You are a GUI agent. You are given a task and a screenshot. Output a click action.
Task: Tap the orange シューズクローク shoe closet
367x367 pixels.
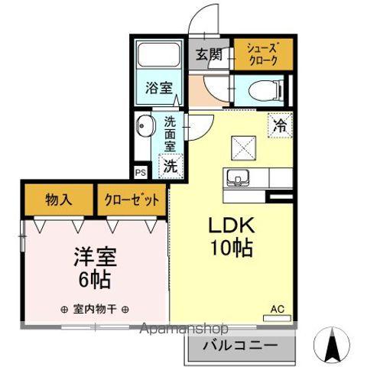[262, 54]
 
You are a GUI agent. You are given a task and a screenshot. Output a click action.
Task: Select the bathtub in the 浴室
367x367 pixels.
[158, 58]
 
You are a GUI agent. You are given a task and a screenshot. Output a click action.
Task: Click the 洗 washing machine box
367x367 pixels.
[171, 164]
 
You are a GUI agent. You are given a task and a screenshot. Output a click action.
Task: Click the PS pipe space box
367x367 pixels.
[140, 172]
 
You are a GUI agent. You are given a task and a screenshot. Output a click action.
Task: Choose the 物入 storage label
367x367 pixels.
[59, 201]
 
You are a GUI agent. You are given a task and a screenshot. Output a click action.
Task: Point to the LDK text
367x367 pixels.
[226, 226]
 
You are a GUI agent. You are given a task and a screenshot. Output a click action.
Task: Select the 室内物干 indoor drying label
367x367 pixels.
[94, 310]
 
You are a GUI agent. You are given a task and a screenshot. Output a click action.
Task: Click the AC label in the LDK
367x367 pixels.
[278, 310]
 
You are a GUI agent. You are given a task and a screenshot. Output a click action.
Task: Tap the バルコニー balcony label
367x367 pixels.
[240, 346]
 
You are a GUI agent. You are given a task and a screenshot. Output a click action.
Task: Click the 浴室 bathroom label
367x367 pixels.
[158, 89]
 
